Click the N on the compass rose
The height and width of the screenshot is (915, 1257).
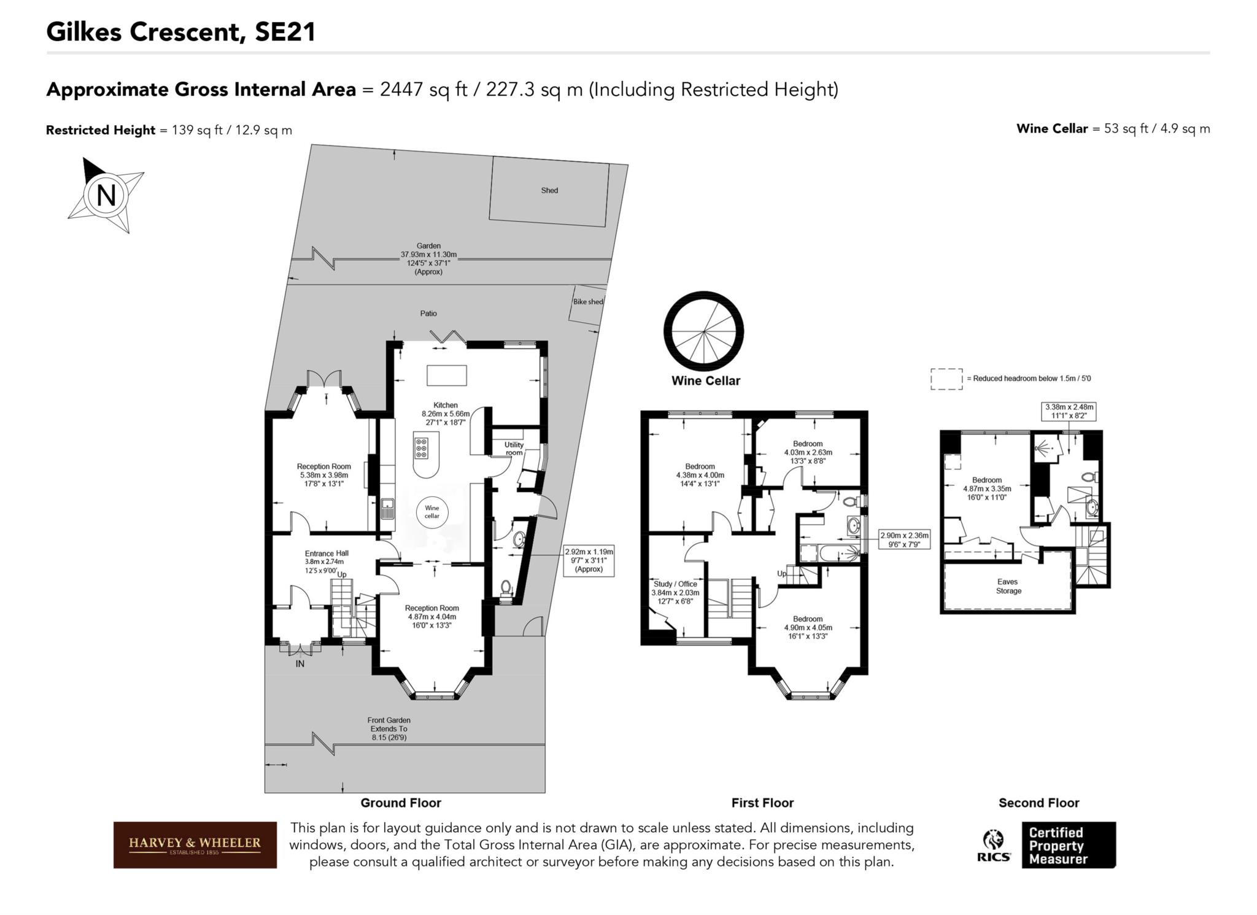click(x=106, y=195)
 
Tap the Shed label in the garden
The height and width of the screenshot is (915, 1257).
click(x=549, y=190)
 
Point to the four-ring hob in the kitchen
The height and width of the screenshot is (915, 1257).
click(x=421, y=448)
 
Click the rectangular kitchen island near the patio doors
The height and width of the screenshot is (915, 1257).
click(x=447, y=375)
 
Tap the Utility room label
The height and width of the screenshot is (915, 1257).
click(x=514, y=449)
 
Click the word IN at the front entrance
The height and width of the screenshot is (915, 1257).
click(x=300, y=663)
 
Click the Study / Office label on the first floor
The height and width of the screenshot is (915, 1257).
click(x=675, y=584)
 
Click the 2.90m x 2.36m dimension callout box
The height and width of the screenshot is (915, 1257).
click(x=904, y=539)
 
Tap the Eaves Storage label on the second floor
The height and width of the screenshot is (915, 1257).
click(x=1008, y=586)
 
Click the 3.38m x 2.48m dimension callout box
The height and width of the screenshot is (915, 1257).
click(x=1069, y=411)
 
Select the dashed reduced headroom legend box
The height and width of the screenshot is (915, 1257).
click(x=946, y=379)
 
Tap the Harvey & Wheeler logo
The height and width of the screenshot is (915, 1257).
click(x=195, y=844)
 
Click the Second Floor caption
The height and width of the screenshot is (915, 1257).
click(x=1038, y=803)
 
